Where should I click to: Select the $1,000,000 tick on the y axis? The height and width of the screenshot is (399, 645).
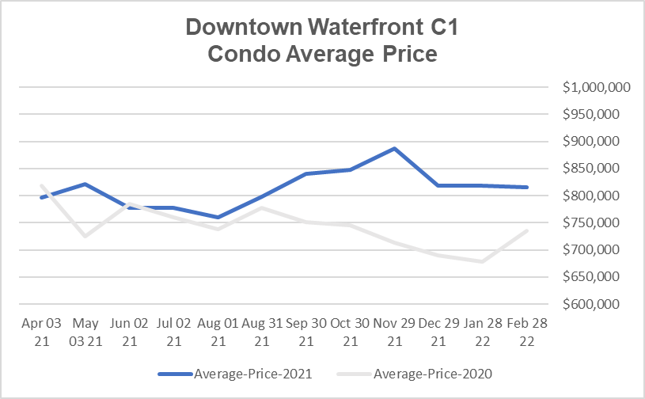click(x=596, y=88)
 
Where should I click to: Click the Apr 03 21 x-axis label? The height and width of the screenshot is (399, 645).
click(x=40, y=332)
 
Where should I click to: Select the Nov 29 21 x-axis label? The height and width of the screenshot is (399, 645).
click(x=394, y=332)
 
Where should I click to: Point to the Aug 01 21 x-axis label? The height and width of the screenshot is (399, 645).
click(x=217, y=332)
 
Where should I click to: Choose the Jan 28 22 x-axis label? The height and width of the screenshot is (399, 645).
click(x=483, y=332)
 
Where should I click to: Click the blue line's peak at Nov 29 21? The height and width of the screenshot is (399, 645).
click(x=394, y=148)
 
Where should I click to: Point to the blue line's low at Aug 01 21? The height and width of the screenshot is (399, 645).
click(x=217, y=217)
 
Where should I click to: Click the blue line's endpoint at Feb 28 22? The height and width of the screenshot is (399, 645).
click(x=527, y=187)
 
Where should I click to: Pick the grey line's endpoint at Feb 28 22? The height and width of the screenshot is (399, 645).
click(x=527, y=230)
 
